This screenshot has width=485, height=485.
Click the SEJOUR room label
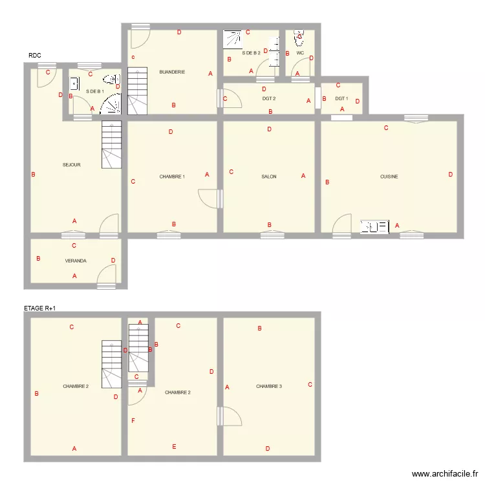pyautogui.click(x=71, y=165)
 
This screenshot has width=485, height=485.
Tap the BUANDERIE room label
pyautogui.click(x=172, y=72)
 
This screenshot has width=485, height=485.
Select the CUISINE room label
pyautogui.click(x=389, y=177)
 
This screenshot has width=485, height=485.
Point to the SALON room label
pyautogui.click(x=269, y=177)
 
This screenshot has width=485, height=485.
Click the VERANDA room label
pyautogui.click(x=76, y=261)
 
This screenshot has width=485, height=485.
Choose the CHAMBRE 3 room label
pyautogui.click(x=269, y=386)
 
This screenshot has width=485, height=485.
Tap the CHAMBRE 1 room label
pyautogui.click(x=172, y=177)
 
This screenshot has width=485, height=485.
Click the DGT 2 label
pyautogui.click(x=269, y=99)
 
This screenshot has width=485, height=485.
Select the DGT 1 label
pyautogui.click(x=341, y=99)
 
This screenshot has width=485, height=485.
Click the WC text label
pyautogui.click(x=300, y=53)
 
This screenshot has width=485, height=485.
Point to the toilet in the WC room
pyautogui.click(x=299, y=37)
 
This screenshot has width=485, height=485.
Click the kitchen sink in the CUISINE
pyautogui.click(x=374, y=226)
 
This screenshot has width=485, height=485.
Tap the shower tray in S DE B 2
pyautogui.click(x=232, y=39)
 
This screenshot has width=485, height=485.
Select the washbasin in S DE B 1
pyautogui.click(x=74, y=83)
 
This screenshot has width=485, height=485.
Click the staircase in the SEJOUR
pyautogui.click(x=111, y=145)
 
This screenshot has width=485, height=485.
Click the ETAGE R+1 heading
pyautogui.click(x=39, y=308)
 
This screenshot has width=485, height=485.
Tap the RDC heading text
pyautogui.click(x=35, y=56)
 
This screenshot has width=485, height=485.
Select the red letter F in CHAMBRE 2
pyautogui.click(x=133, y=421)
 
